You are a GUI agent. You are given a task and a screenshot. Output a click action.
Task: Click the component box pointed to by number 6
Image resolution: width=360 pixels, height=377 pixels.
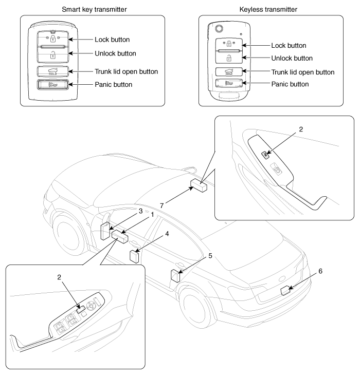tap(286, 291)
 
